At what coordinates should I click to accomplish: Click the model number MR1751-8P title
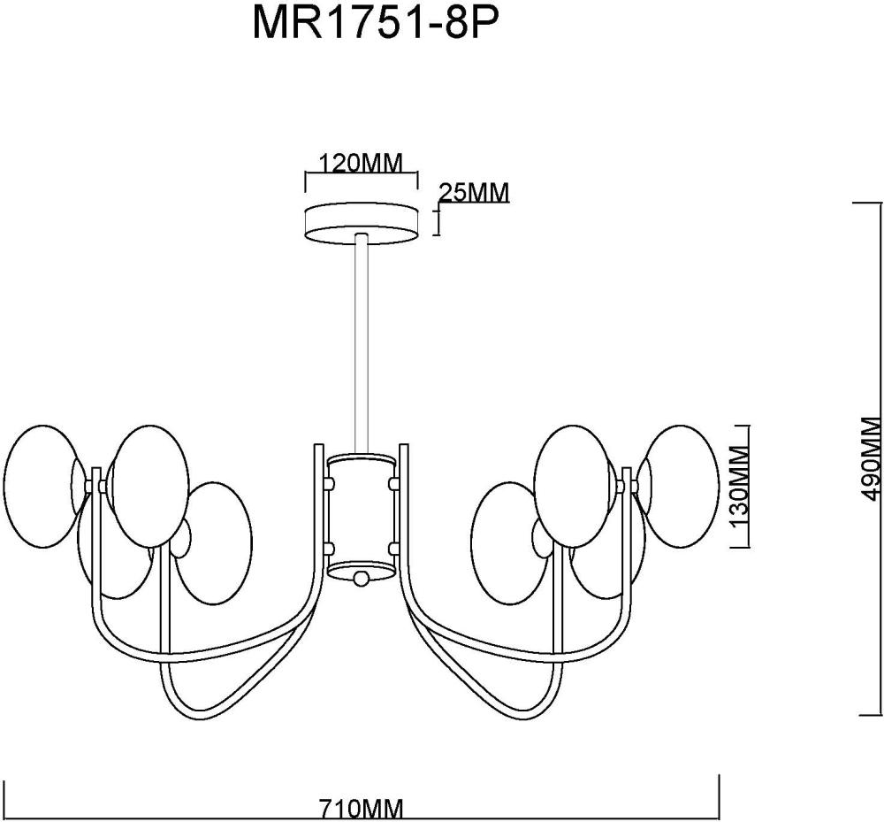[x=370, y=24]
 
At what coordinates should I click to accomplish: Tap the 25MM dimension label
[x=474, y=192]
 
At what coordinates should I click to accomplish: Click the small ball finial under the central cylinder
[x=361, y=579]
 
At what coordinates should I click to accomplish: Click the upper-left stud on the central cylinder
[x=331, y=484]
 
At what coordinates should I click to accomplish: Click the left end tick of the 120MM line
[x=306, y=181]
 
